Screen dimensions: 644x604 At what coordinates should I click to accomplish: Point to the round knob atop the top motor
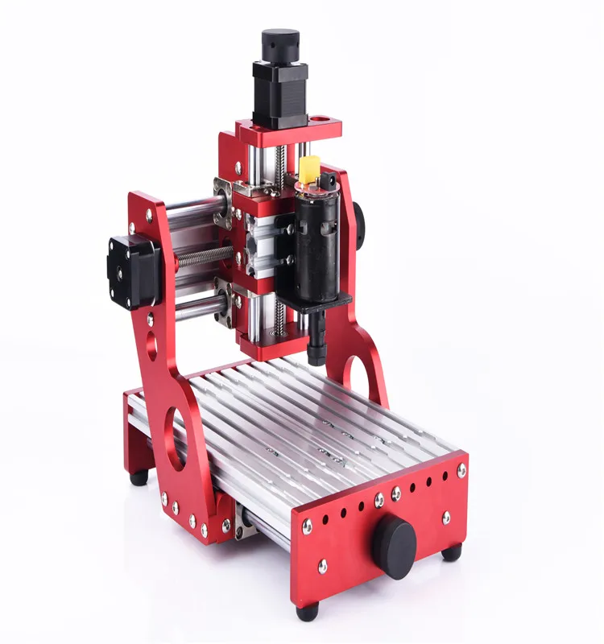(x=279, y=42)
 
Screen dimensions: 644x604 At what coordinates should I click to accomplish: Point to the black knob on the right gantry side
(x=357, y=218)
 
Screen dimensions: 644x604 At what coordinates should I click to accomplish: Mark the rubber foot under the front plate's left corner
(x=307, y=611)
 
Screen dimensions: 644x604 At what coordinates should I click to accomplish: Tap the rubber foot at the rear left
(x=139, y=477)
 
